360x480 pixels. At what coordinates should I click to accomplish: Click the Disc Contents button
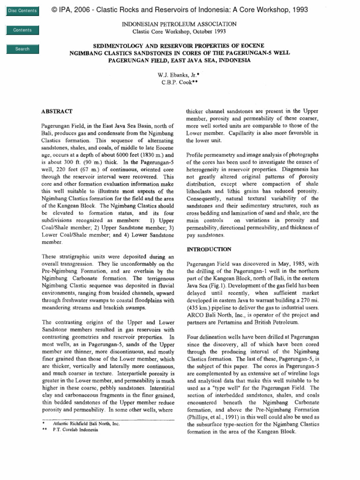tap(22, 11)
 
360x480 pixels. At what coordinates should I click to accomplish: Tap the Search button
tap(22, 49)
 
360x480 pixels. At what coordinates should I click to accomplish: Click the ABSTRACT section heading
tap(57, 111)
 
